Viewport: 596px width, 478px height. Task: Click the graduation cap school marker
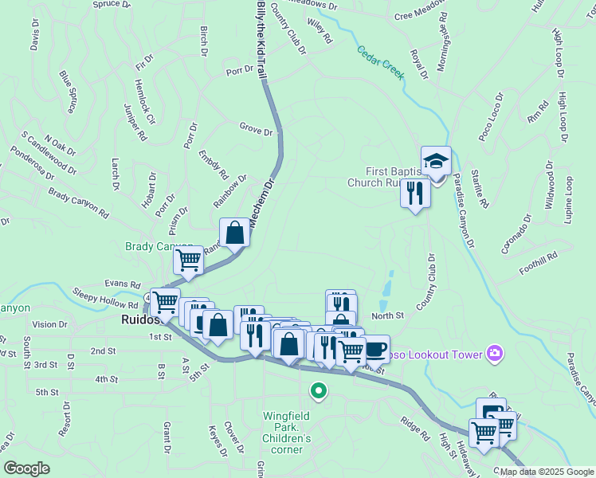coord(436,160)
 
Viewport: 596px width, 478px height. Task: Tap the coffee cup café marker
coord(375,348)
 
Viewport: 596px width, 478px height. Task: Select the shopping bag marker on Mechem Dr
coord(236,233)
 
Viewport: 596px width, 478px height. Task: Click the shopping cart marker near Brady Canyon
coord(189,260)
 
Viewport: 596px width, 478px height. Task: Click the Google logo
coord(26,468)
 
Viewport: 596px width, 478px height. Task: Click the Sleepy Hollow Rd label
coord(105,299)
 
